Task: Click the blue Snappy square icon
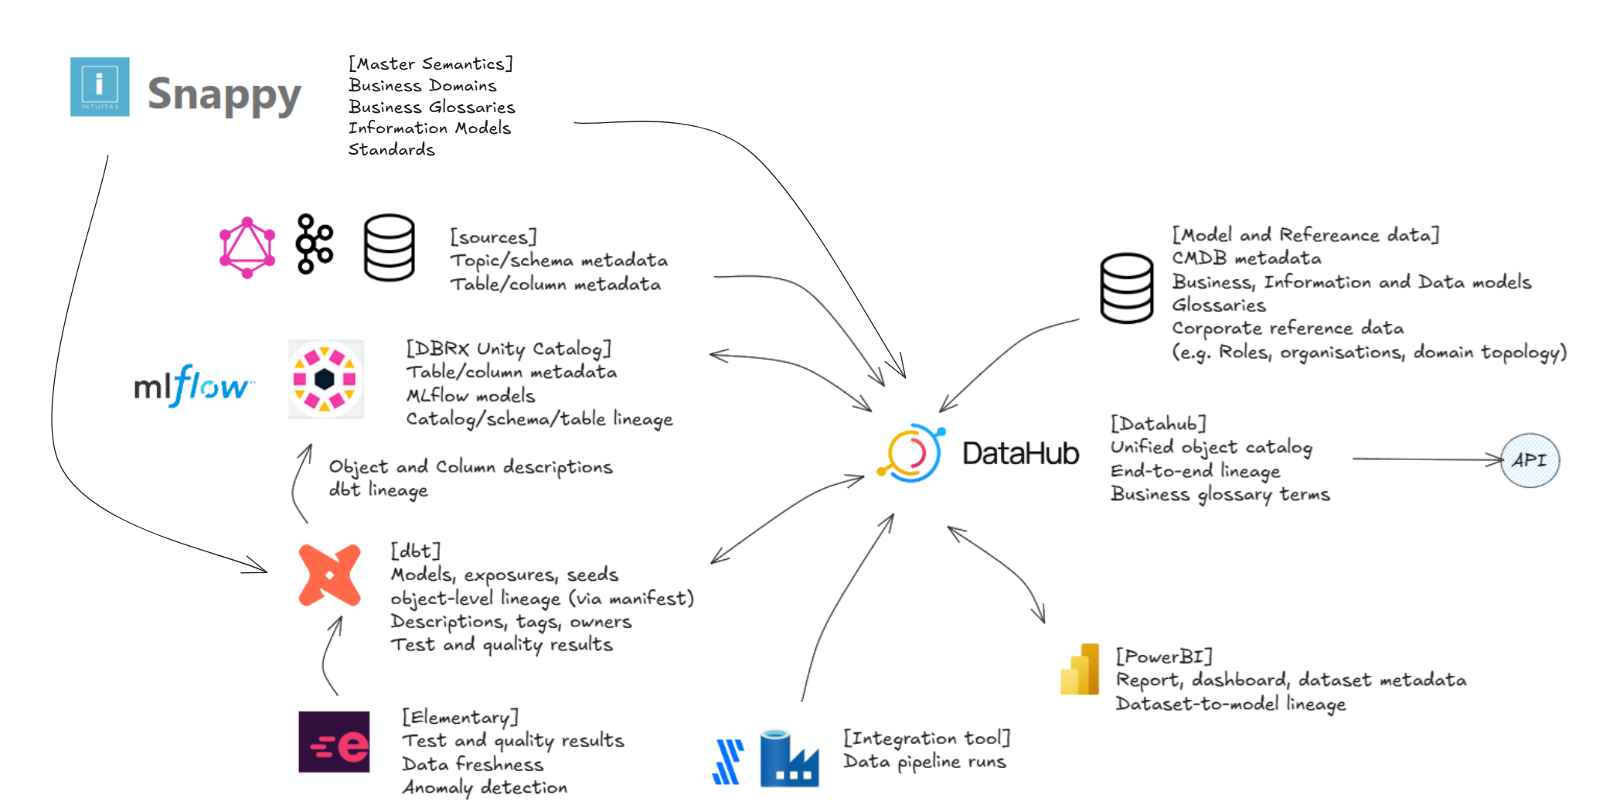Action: point(100,87)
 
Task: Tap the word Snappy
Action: point(224,95)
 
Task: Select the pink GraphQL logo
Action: point(247,247)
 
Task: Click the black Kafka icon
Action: point(315,244)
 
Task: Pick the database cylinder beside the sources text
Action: point(389,247)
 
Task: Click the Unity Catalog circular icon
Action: point(325,379)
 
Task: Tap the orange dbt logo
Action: point(329,575)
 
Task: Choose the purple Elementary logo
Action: point(334,742)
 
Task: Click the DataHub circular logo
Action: point(912,452)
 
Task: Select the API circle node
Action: point(1530,460)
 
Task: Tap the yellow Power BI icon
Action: point(1081,669)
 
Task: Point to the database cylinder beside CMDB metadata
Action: point(1127,288)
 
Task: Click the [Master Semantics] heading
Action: point(431,63)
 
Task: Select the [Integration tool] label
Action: point(926,738)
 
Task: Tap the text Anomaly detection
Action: point(485,787)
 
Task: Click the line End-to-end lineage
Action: point(1195,471)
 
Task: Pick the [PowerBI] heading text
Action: point(1163,657)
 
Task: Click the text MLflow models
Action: point(471,395)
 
